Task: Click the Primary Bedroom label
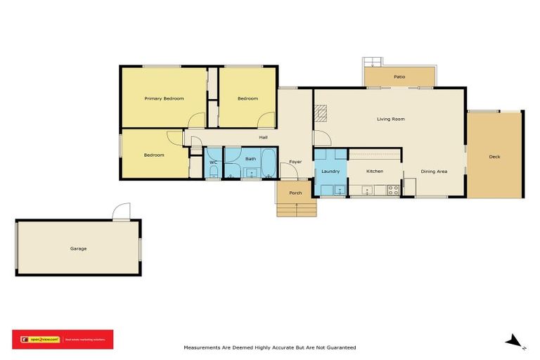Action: point(164,98)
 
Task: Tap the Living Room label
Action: point(390,119)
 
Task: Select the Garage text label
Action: point(78,248)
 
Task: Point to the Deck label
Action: point(494,156)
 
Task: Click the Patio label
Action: point(399,77)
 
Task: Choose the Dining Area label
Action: point(434,171)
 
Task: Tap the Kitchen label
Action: point(375,171)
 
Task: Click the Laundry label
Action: point(330,171)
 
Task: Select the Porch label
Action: point(295,193)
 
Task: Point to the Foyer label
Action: point(295,162)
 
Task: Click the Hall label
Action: point(263,137)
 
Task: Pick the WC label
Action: point(214,163)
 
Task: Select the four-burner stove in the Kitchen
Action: point(393,188)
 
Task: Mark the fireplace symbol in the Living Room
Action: point(321,112)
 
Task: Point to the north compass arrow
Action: point(515,342)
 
